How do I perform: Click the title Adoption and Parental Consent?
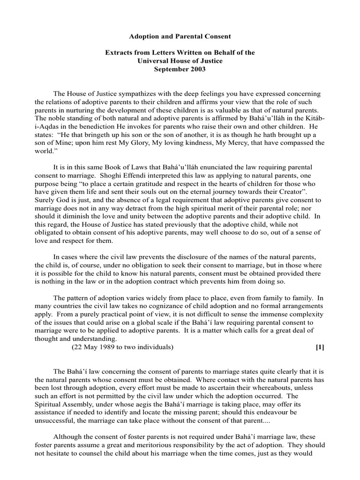(x=180, y=36)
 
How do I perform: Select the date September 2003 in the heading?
(x=180, y=69)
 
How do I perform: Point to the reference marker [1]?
(x=320, y=347)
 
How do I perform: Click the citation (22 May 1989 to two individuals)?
(x=123, y=347)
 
